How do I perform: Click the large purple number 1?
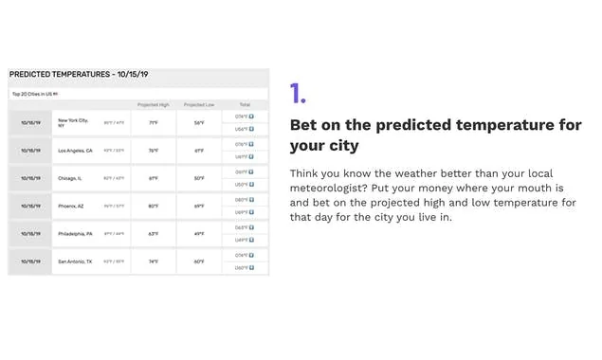tap(298, 93)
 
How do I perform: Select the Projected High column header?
tap(153, 104)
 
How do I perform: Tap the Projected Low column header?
tap(199, 104)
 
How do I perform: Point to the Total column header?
tap(244, 104)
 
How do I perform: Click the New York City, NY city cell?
tap(73, 122)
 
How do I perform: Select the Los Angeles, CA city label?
tap(75, 150)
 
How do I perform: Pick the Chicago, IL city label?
tap(71, 178)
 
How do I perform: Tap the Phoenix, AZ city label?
tap(72, 206)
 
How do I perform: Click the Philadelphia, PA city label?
tap(75, 233)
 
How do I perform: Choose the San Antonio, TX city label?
tap(75, 261)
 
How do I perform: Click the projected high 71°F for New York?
tap(153, 122)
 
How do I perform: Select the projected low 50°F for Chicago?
tap(199, 178)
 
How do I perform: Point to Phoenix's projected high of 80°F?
tap(153, 206)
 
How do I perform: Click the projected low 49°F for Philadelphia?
tap(199, 233)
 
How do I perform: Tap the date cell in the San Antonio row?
tap(29, 261)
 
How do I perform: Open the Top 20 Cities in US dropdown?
tap(35, 94)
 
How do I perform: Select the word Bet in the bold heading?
tap(304, 126)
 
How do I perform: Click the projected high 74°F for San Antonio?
tap(153, 261)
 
